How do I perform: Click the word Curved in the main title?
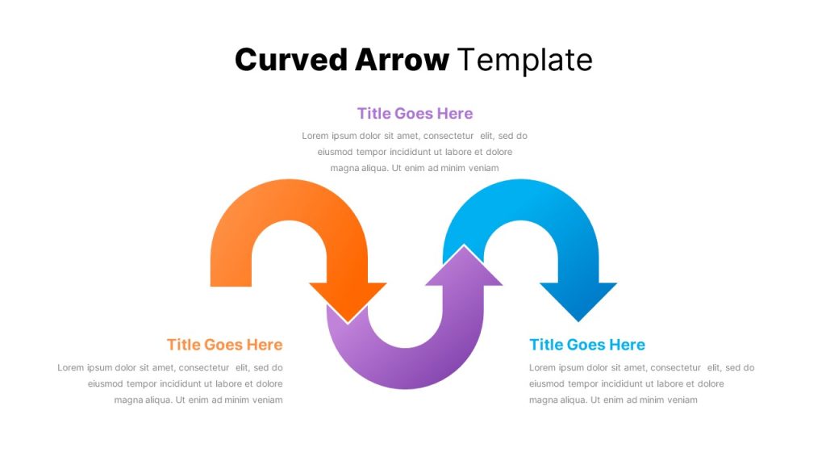(x=290, y=59)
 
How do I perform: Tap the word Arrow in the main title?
(x=402, y=59)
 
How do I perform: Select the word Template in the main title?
(x=524, y=60)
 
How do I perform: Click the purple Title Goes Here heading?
(x=415, y=113)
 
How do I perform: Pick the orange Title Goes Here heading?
(x=225, y=345)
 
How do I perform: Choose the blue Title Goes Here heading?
(x=587, y=345)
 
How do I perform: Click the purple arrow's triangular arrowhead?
(x=464, y=266)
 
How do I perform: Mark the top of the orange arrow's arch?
(x=289, y=200)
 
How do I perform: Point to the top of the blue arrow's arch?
(x=520, y=200)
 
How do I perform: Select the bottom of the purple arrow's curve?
(x=405, y=368)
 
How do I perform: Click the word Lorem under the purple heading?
(x=315, y=136)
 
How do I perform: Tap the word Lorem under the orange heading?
(x=71, y=367)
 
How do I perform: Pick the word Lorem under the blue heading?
(x=543, y=367)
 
